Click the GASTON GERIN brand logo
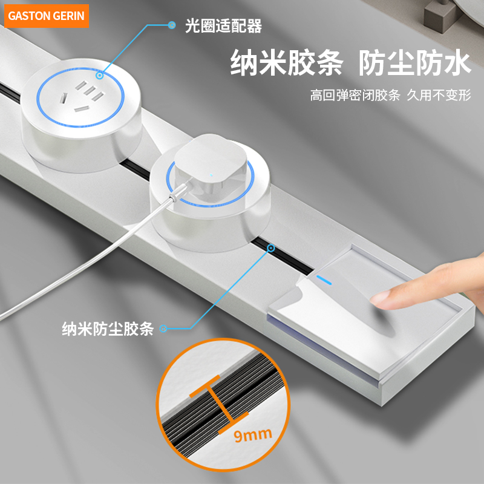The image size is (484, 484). (x=46, y=16)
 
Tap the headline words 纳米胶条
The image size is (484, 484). (x=287, y=63)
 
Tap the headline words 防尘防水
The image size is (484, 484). (x=414, y=63)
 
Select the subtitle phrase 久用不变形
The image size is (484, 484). (x=439, y=96)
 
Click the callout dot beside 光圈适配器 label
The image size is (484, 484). (x=172, y=25)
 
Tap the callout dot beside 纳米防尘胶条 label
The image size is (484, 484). (x=163, y=329)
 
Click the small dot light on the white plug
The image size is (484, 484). (x=211, y=178)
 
